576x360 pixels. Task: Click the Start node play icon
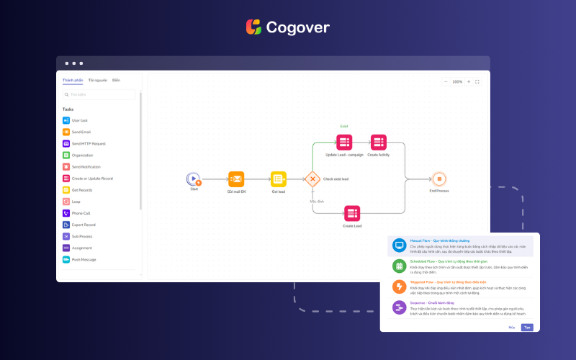(x=193, y=179)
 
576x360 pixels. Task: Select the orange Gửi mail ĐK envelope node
(x=237, y=179)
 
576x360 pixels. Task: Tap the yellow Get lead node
(x=279, y=179)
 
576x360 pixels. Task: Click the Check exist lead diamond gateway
(x=312, y=179)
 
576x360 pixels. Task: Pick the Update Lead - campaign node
(x=344, y=143)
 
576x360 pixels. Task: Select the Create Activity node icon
(x=378, y=143)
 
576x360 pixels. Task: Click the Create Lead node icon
(x=351, y=213)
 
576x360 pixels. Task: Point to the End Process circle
(x=438, y=179)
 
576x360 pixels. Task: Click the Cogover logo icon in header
(x=253, y=27)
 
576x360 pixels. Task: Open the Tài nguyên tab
(x=98, y=80)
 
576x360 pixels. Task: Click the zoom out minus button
(x=446, y=82)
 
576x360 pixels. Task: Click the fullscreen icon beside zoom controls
(x=477, y=82)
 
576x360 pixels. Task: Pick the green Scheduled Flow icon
(x=398, y=266)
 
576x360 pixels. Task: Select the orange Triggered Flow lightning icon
(x=398, y=287)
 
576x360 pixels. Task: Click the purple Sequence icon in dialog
(x=398, y=307)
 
